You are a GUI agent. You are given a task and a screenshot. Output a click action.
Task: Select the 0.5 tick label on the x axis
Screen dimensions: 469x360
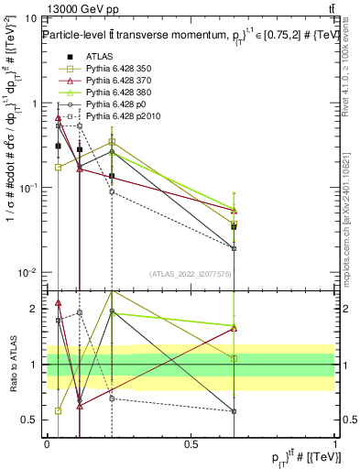pyautogui.click(x=191, y=442)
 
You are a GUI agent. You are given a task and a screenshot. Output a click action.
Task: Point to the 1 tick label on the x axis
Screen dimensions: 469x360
pyautogui.click(x=334, y=442)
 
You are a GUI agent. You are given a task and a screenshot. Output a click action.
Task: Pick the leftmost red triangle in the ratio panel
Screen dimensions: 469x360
pyautogui.click(x=59, y=302)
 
